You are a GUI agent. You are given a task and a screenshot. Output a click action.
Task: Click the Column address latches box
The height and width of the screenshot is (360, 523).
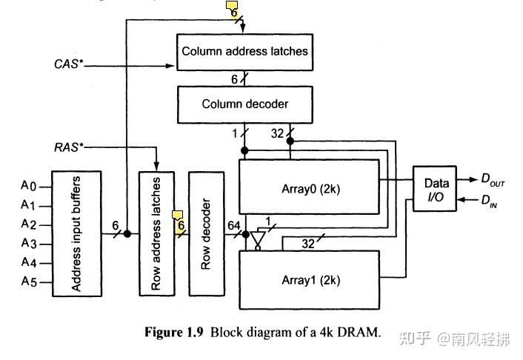245,52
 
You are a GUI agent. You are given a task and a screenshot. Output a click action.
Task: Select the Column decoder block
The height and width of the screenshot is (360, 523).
245,104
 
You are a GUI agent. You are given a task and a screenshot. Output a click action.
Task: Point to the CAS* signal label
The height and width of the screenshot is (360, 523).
68,65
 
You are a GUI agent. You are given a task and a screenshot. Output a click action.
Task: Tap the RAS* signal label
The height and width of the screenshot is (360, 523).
68,147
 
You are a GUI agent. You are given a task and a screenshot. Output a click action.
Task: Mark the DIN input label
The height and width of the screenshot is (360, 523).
492,200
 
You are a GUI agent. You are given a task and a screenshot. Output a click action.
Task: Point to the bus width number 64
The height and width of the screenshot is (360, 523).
235,225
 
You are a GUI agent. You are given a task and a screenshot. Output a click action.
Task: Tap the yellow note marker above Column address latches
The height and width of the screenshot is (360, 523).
232,9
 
